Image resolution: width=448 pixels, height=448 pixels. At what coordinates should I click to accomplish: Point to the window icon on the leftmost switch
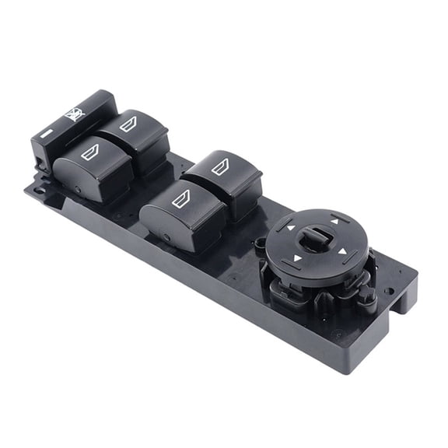[91, 152]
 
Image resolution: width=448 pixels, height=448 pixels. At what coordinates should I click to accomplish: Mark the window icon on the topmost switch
[128, 122]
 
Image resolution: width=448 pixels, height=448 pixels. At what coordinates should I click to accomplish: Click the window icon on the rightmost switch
[220, 166]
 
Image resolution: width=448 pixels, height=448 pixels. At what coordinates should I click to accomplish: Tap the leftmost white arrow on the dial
[290, 229]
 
